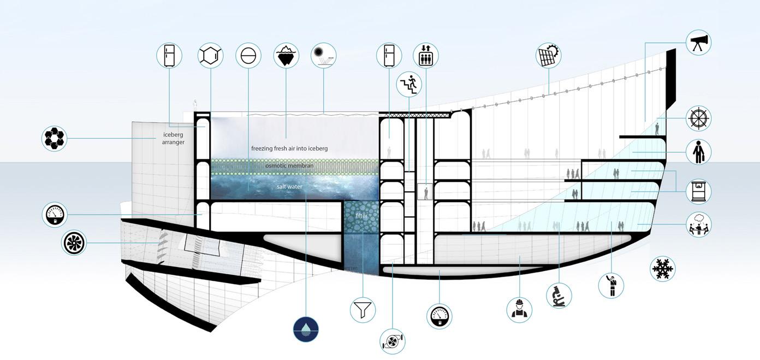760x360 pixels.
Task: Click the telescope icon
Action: pyautogui.click(x=698, y=42)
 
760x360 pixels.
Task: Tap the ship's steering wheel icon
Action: pyautogui.click(x=698, y=119)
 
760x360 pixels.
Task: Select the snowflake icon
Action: pyautogui.click(x=663, y=269)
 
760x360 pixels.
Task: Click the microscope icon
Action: pyautogui.click(x=560, y=296)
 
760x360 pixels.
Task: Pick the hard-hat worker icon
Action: pyautogui.click(x=519, y=310)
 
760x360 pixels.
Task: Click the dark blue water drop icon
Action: pyautogui.click(x=306, y=329)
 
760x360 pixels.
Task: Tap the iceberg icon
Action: pyautogui.click(x=286, y=55)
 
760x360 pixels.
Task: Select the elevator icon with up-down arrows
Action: pyautogui.click(x=426, y=55)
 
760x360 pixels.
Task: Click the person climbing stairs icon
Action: pyautogui.click(x=409, y=84)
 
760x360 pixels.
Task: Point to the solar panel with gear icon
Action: pyautogui.click(x=549, y=55)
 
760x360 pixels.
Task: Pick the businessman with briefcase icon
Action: pyautogui.click(x=698, y=152)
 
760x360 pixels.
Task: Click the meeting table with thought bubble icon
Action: pyautogui.click(x=698, y=224)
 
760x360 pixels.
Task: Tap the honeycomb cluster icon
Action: pyautogui.click(x=55, y=138)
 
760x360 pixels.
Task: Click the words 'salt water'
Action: pyautogui.click(x=289, y=187)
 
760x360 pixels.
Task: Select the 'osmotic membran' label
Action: pyautogui.click(x=289, y=166)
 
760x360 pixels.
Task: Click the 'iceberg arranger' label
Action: pyautogui.click(x=173, y=138)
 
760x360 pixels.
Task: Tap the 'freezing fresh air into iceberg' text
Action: pyautogui.click(x=289, y=148)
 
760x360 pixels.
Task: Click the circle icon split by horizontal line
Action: pyautogui.click(x=248, y=55)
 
